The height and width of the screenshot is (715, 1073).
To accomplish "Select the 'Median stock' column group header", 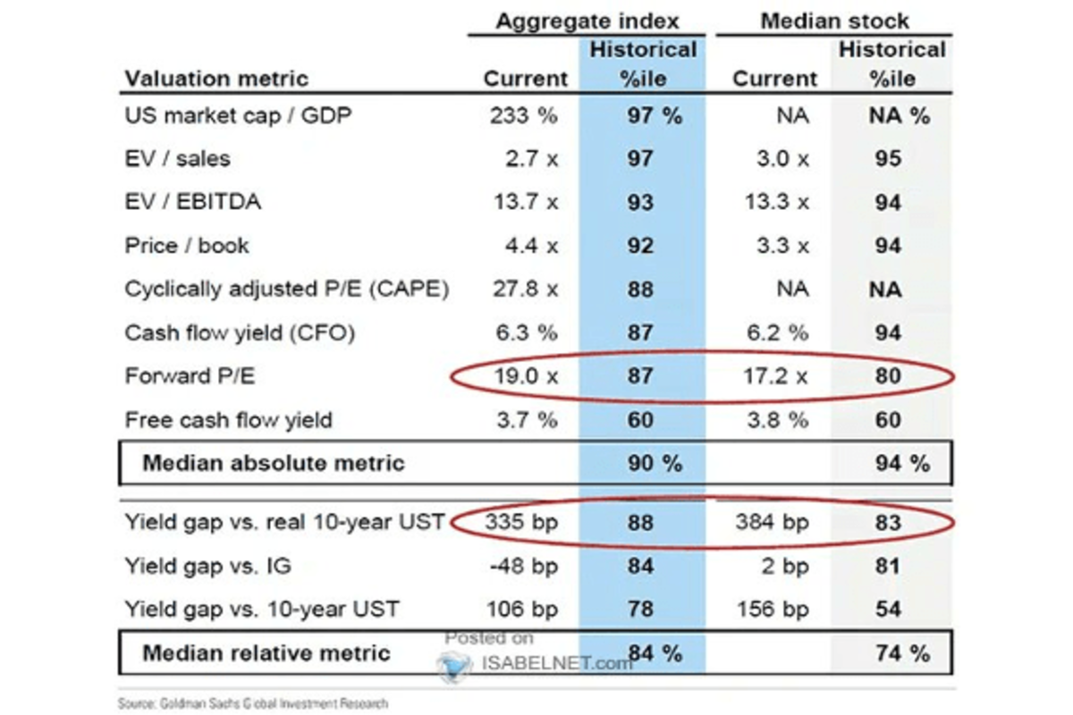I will point(833,20).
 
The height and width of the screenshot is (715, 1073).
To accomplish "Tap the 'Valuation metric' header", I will point(216,79).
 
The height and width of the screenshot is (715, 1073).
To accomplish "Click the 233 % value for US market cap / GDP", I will point(524,115).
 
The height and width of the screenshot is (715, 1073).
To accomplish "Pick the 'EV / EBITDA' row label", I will point(193,202).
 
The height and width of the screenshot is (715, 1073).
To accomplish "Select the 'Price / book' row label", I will point(187,246).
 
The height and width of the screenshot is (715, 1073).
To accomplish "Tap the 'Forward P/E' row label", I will point(190,376).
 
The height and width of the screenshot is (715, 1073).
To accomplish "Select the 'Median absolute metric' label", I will point(274,463).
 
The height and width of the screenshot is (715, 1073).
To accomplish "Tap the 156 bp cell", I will point(770,610).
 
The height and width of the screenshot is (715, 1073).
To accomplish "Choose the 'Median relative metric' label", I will point(266,652).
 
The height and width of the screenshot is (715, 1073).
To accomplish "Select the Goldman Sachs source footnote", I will point(253,703).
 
